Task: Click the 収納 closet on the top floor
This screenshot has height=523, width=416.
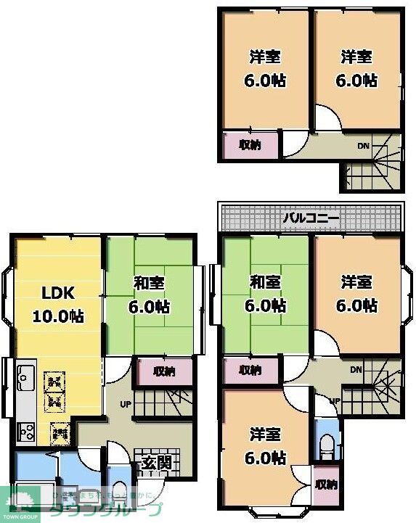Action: click(249, 145)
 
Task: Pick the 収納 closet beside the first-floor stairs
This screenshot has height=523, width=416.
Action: click(164, 371)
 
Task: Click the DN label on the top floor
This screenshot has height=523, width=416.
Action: click(362, 147)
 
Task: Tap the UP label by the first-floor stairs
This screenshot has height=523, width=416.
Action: click(125, 405)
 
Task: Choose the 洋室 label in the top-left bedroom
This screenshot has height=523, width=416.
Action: click(265, 57)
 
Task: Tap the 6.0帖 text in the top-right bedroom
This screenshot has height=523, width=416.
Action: click(357, 80)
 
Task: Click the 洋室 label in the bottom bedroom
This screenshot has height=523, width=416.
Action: click(265, 435)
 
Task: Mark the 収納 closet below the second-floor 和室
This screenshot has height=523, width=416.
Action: click(250, 370)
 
